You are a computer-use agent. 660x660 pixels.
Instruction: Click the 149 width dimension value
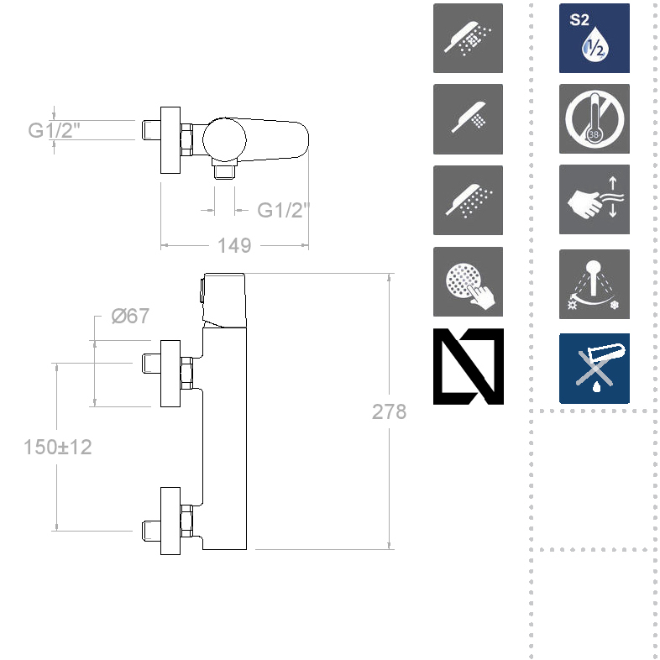[234, 245]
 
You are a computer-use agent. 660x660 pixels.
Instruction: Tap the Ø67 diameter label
[130, 316]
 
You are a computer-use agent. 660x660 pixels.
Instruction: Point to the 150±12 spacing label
[58, 447]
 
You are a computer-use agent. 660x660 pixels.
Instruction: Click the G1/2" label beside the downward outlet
[279, 210]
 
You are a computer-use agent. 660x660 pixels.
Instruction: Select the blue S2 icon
[594, 38]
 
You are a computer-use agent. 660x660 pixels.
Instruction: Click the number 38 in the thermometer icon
[594, 134]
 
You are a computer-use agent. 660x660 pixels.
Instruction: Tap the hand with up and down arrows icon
[594, 200]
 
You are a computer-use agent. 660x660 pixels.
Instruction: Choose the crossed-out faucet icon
[594, 368]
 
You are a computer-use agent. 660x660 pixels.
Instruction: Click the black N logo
[468, 366]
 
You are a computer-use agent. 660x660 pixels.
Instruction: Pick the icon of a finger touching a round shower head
[468, 282]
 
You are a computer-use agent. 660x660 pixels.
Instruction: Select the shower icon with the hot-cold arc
[594, 283]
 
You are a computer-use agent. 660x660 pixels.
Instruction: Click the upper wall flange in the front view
[170, 373]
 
